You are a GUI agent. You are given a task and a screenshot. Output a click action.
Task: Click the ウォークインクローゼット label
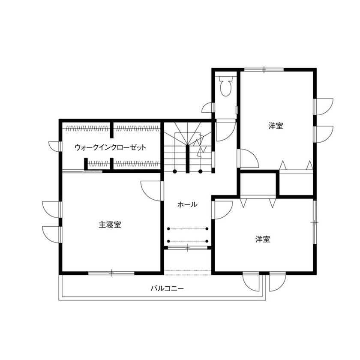(110, 147)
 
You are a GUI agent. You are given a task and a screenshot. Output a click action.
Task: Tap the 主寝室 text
(110, 225)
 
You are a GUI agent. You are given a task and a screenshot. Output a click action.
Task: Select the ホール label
(187, 205)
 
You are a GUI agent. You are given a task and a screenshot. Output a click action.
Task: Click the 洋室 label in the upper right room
(276, 126)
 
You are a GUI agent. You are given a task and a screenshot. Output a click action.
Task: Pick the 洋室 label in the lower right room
(263, 239)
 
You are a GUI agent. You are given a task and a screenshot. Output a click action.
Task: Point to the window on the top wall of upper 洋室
(264, 69)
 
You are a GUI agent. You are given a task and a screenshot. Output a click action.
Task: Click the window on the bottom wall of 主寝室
(111, 273)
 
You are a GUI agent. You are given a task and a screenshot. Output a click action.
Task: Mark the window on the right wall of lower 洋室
(315, 222)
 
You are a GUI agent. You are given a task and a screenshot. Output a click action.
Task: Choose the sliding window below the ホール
(187, 248)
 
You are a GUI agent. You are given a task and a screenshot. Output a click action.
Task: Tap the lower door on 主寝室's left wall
(53, 234)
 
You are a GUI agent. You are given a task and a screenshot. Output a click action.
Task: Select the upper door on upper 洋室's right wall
(323, 106)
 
